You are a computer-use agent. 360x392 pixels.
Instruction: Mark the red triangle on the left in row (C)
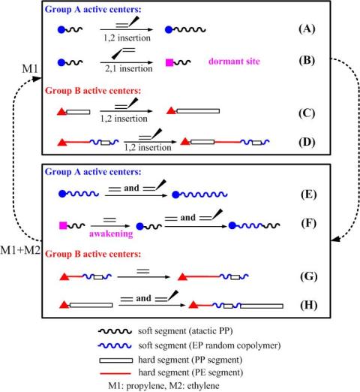click(x=61, y=112)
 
